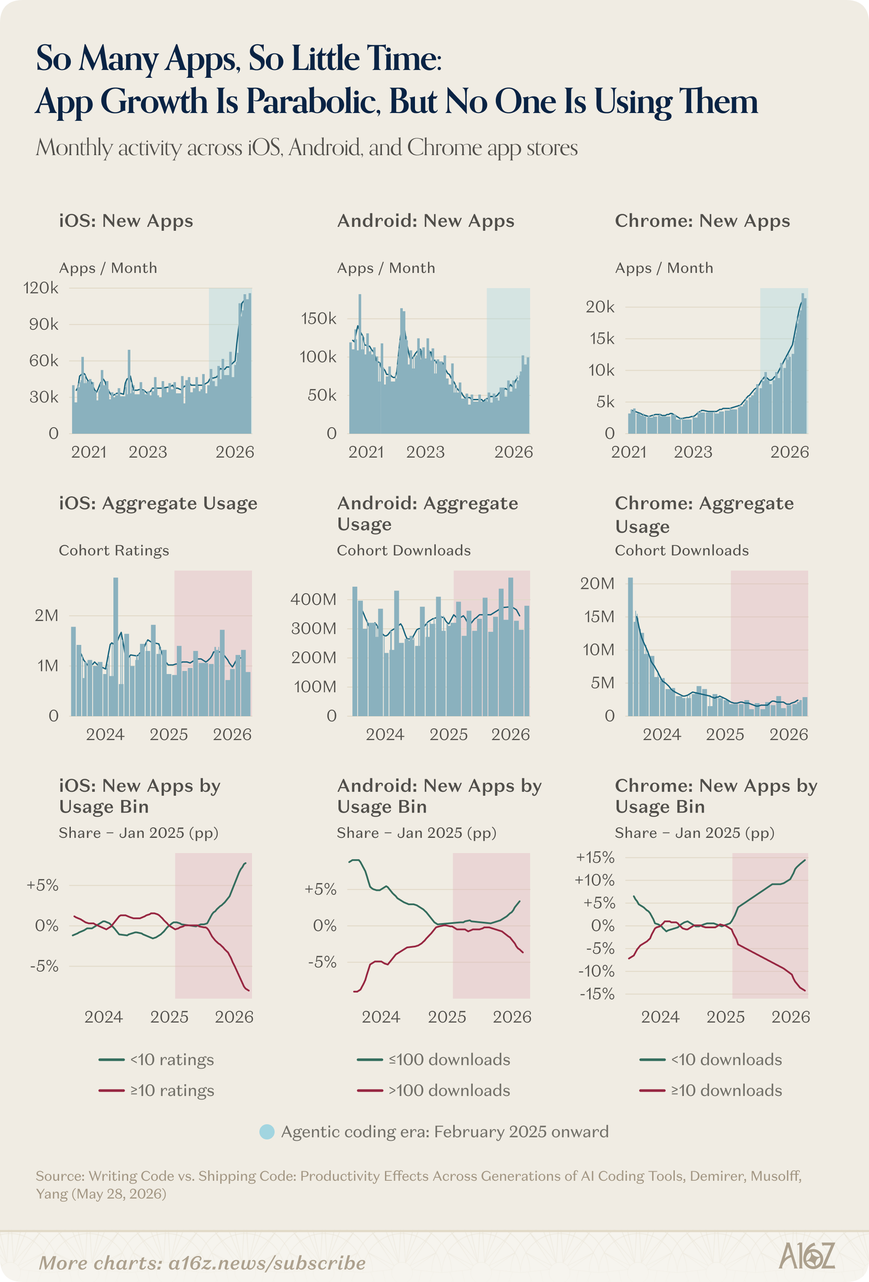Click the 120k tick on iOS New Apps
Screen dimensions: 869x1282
(40, 288)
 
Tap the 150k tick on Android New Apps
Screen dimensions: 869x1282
(318, 319)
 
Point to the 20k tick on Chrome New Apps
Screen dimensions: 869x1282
(600, 307)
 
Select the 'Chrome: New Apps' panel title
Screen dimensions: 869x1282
(702, 221)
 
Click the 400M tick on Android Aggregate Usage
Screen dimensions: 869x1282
(313, 599)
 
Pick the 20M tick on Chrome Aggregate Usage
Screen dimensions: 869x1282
(597, 584)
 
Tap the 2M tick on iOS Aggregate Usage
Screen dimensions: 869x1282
(46, 616)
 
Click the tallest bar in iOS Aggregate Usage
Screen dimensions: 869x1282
(116, 647)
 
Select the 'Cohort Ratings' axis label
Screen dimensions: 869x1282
(114, 551)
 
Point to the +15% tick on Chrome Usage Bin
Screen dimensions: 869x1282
(595, 858)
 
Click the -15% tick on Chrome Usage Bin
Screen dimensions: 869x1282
(597, 994)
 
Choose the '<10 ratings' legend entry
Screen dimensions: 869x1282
(156, 1059)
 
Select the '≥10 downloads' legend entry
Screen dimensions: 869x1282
(711, 1091)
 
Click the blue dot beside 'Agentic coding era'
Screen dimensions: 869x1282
(267, 1132)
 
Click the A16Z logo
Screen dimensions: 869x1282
(807, 1256)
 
